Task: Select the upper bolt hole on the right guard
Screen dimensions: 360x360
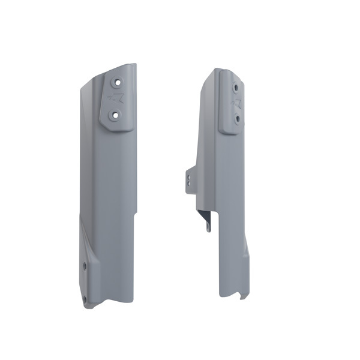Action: [236, 87]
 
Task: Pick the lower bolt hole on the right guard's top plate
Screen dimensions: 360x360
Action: [238, 118]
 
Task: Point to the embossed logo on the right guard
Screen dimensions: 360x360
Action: [236, 103]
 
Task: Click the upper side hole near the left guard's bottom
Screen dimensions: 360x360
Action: [85, 265]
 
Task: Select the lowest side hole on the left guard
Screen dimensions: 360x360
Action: [84, 298]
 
